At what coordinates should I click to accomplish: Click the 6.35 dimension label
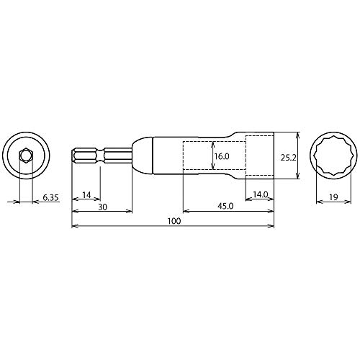(50, 198)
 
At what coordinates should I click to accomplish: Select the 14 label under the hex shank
(86, 195)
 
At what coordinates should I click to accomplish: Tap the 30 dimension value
(102, 207)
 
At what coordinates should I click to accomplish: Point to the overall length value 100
(174, 221)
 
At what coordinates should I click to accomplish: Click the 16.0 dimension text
(222, 156)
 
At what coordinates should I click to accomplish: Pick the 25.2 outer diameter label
(289, 158)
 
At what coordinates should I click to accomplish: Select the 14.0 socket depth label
(261, 194)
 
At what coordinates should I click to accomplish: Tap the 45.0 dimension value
(225, 207)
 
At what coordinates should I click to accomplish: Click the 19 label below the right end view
(333, 197)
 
